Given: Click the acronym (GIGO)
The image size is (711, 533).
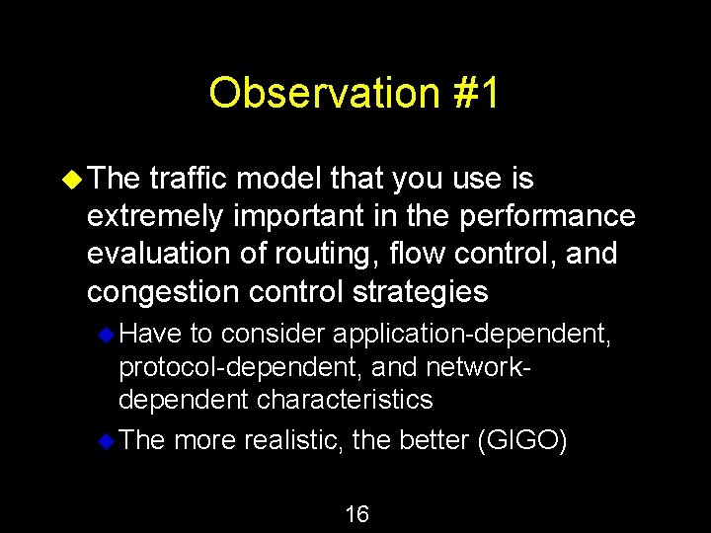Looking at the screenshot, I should tap(521, 440).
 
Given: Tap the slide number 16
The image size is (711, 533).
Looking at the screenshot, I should tap(356, 513).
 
